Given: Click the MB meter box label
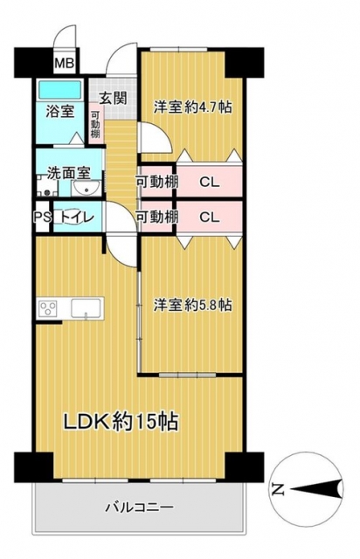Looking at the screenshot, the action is [x=64, y=64].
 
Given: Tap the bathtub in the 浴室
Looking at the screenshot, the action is [x=60, y=89].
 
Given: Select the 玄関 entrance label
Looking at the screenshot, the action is [x=113, y=98].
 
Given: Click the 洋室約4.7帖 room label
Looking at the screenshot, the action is [x=192, y=107].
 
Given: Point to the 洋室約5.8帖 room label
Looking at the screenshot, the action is [x=192, y=305].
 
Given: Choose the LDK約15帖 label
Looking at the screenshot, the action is [x=121, y=422].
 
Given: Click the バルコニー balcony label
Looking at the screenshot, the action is [x=140, y=507].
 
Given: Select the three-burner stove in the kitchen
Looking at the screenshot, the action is [x=48, y=308].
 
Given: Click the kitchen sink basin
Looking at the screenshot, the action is [x=86, y=308].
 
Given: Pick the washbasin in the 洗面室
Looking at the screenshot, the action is [x=86, y=188].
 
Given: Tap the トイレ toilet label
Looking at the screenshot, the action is [x=77, y=217].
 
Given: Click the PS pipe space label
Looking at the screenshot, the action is [x=43, y=217].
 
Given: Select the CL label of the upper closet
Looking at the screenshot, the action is [x=210, y=183].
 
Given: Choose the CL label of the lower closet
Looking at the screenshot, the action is [x=210, y=217].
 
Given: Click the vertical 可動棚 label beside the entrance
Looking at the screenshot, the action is [x=95, y=125].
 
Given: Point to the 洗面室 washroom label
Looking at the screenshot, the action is [x=69, y=173].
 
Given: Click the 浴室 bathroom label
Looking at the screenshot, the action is [x=60, y=112].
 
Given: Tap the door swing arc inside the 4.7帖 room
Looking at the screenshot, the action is [x=164, y=132].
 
